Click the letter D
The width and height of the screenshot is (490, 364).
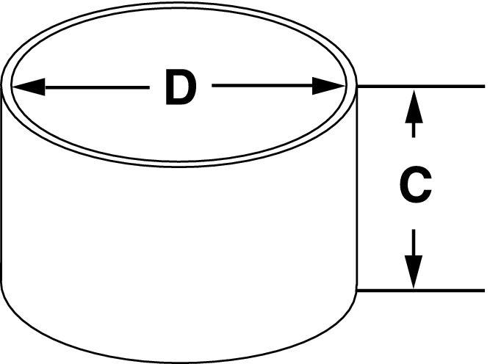181,87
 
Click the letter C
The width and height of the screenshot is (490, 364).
415,184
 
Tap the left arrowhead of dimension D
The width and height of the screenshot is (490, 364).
28,87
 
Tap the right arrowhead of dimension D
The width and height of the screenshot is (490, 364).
329,86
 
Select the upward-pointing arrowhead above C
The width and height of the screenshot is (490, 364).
414,106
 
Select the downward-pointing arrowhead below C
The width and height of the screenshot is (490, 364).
414,272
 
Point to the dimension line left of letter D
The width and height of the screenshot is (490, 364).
97,87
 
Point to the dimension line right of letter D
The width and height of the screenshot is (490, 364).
262,85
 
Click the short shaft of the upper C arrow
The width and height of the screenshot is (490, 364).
414,130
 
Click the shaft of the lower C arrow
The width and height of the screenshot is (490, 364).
414,243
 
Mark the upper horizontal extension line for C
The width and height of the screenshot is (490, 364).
421,86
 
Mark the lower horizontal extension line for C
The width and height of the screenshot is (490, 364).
421,291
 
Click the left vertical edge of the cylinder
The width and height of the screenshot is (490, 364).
2,183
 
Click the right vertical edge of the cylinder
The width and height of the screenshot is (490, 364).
356,187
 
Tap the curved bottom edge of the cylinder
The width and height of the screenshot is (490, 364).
179,361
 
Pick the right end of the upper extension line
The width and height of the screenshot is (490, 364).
484,86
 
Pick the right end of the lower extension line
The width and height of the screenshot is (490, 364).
484,291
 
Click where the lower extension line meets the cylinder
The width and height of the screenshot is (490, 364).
356,291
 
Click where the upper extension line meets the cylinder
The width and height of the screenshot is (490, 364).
357,86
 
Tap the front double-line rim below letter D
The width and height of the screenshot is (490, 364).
179,164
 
